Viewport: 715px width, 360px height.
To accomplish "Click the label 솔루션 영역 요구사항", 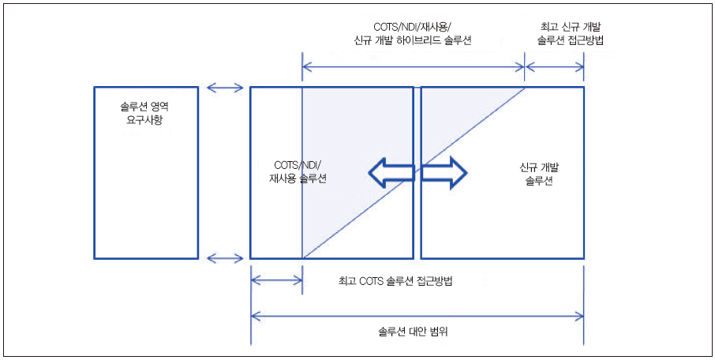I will (x=146, y=113).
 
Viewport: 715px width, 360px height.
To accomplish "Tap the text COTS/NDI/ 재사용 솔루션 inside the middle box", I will (x=297, y=173).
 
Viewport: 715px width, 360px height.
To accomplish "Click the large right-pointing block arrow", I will (x=444, y=173).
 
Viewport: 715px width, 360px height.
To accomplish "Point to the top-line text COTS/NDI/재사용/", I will (x=410, y=26).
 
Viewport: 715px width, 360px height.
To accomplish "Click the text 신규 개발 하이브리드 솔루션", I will (x=410, y=40).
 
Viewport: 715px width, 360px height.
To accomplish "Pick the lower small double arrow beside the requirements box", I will (x=224, y=258).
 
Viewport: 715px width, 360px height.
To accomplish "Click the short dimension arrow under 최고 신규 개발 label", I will (x=555, y=66).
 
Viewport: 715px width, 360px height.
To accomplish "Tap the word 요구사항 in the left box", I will (x=146, y=120).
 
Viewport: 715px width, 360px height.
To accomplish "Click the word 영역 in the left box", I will (x=161, y=106).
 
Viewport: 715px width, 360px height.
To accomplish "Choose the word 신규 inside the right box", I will (x=529, y=167).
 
